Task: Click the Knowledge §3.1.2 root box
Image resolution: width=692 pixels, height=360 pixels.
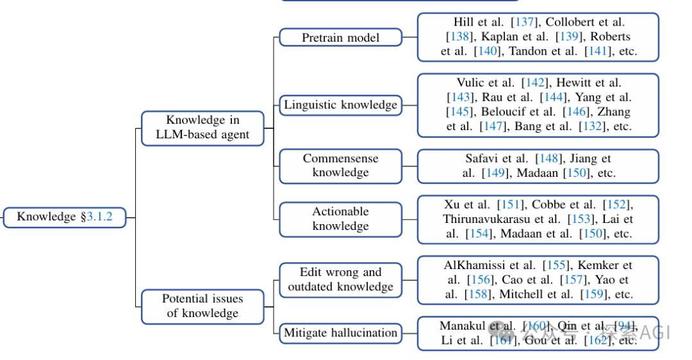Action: click(x=65, y=217)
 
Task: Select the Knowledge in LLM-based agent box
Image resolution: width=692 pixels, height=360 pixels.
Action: click(x=202, y=128)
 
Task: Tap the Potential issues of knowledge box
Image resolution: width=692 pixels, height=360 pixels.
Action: click(x=202, y=306)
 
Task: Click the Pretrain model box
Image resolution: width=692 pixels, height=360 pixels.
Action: click(x=340, y=38)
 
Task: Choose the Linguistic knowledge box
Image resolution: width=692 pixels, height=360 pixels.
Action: click(x=340, y=104)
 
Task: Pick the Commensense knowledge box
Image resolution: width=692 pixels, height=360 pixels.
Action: click(x=340, y=165)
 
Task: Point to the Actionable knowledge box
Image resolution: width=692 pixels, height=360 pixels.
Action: click(x=340, y=219)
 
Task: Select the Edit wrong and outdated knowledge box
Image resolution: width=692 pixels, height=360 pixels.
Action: click(x=340, y=280)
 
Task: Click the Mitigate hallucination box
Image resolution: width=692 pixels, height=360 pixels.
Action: click(x=340, y=333)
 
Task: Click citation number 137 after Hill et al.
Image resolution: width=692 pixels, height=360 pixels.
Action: click(x=525, y=22)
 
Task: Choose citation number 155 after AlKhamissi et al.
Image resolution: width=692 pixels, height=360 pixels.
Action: click(x=552, y=265)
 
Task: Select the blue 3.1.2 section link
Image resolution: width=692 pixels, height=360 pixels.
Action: click(x=99, y=217)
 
